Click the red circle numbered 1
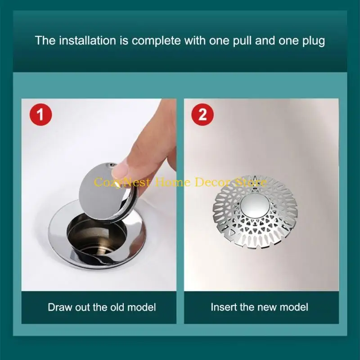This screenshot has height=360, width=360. click(40, 114)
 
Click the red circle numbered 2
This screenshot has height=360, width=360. click(202, 114)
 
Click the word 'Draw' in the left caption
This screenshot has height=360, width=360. click(59, 307)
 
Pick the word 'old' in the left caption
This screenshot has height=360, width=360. click(119, 307)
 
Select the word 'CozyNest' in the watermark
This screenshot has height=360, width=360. click(117, 182)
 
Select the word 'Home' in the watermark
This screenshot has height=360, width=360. click(167, 182)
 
